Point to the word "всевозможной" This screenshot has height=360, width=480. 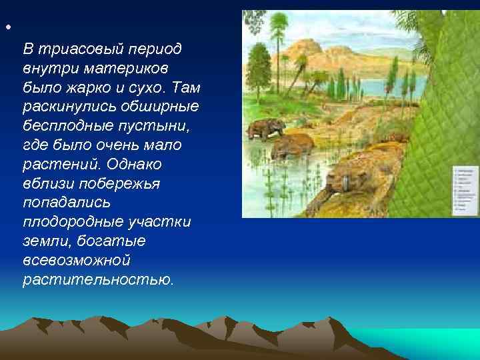77,260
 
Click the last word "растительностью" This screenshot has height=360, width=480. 97,279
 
